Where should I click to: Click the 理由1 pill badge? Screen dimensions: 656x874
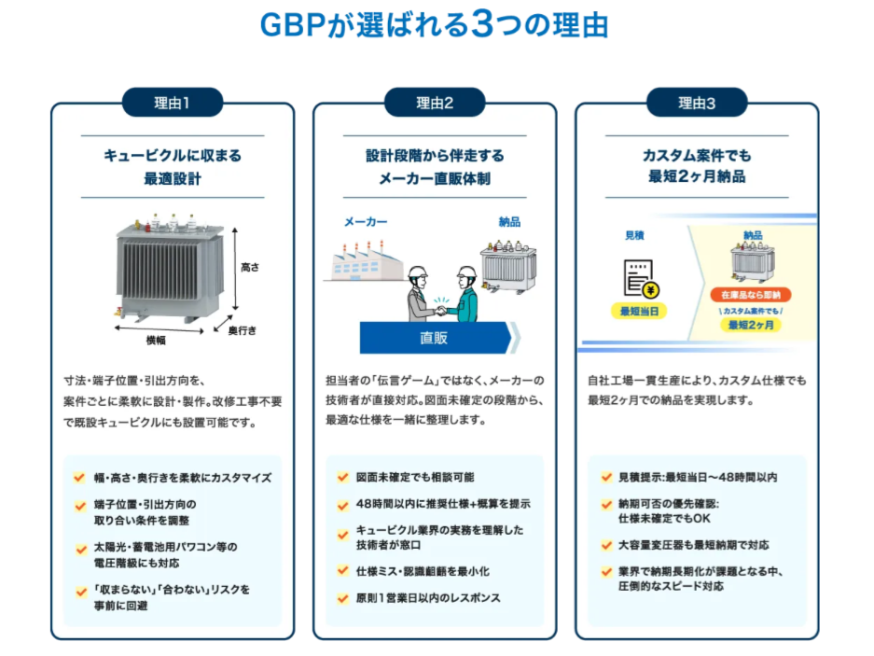tap(173, 103)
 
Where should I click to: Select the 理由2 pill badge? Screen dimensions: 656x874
tap(435, 103)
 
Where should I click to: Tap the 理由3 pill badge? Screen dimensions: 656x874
tap(697, 103)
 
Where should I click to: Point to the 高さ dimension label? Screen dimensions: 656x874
tap(250, 268)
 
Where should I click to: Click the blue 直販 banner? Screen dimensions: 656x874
tap(435, 337)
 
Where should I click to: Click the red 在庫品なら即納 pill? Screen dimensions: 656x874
tap(753, 294)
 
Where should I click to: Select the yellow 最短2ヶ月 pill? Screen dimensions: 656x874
tap(753, 325)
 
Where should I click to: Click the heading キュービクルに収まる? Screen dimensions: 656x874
tap(173, 156)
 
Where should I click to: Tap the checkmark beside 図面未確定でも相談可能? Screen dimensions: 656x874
tap(342, 477)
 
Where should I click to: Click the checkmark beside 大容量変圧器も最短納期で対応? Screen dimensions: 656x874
tap(605, 545)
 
